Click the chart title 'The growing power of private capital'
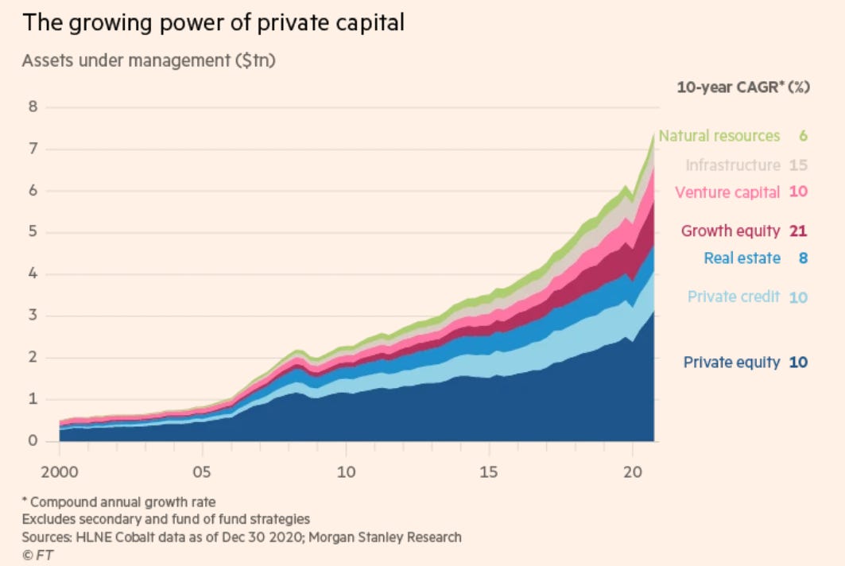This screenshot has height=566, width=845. [214, 22]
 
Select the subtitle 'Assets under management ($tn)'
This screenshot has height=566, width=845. [149, 60]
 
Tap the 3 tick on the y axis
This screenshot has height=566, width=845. [33, 316]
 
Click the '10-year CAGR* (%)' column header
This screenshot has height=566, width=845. [743, 87]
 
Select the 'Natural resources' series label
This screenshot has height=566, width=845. [719, 136]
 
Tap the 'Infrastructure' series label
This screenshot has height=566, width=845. [733, 165]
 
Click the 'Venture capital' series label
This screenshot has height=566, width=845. [727, 192]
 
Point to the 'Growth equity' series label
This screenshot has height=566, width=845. [731, 231]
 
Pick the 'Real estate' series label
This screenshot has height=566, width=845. [742, 258]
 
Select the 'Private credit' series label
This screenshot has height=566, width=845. [734, 297]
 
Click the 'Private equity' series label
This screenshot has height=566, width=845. [731, 362]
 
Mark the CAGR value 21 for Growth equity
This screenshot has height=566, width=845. [798, 231]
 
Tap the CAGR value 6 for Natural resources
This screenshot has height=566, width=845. [803, 136]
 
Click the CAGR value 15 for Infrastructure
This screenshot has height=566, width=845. [798, 165]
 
